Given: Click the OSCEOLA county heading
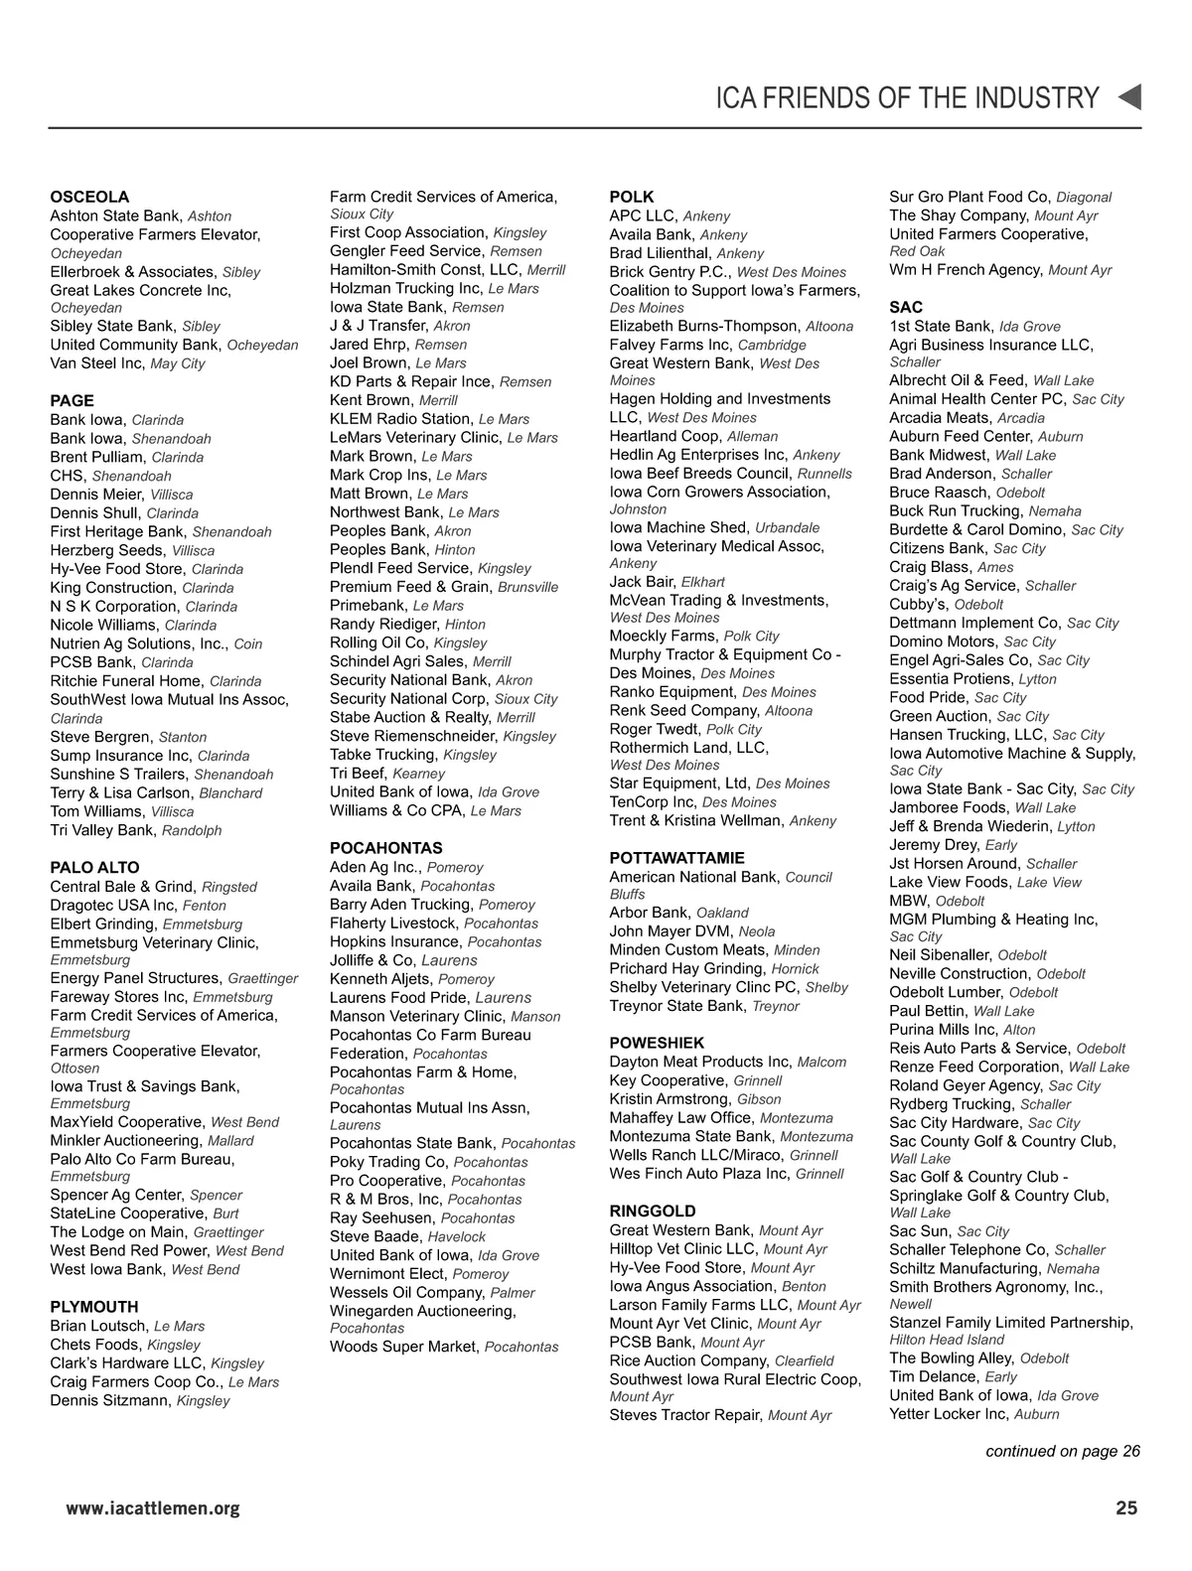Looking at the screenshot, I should (x=89, y=197).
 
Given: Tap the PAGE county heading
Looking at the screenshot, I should (x=72, y=400).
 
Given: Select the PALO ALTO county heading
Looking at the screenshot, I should (x=94, y=867).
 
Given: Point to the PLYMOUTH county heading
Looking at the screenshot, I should (x=93, y=1307).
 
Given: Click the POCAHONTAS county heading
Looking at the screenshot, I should (x=385, y=848).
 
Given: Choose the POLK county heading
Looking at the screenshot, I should (x=631, y=197).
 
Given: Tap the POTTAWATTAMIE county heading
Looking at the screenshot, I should (x=676, y=858).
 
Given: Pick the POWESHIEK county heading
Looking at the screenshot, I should (x=657, y=1043).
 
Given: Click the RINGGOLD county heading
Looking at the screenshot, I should (x=652, y=1211).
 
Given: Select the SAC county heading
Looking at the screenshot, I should (x=905, y=307).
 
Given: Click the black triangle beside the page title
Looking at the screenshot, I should (x=1129, y=97).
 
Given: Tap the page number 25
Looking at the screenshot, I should (x=1125, y=1508).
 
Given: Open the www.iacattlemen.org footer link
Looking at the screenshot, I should (x=153, y=1509).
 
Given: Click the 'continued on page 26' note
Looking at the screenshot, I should (x=1062, y=1451).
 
